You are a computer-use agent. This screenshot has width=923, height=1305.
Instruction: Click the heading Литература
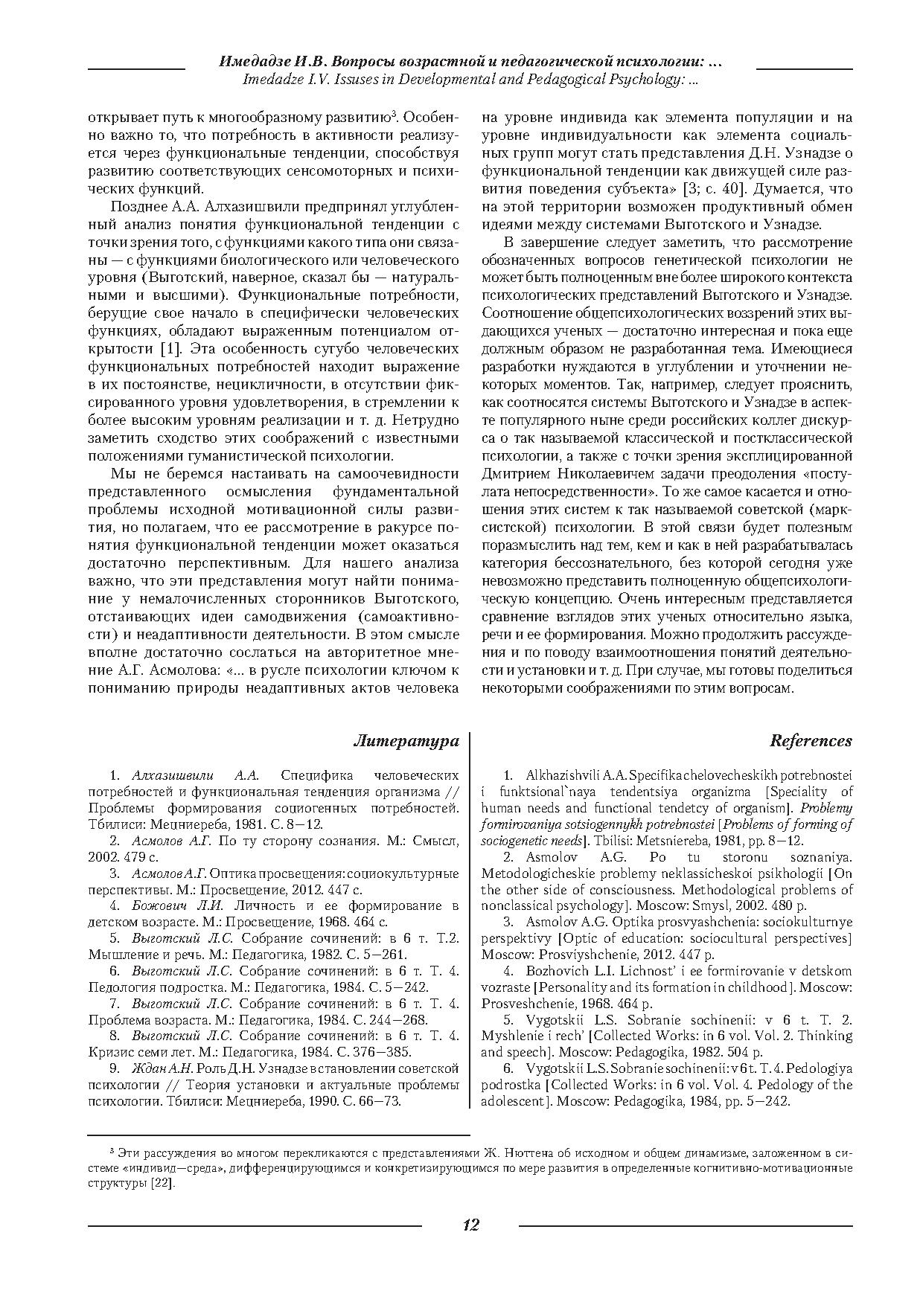(x=406, y=740)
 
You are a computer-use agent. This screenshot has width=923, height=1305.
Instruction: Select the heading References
(x=811, y=740)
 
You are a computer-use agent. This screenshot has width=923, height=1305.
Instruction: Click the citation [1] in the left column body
(x=170, y=349)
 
